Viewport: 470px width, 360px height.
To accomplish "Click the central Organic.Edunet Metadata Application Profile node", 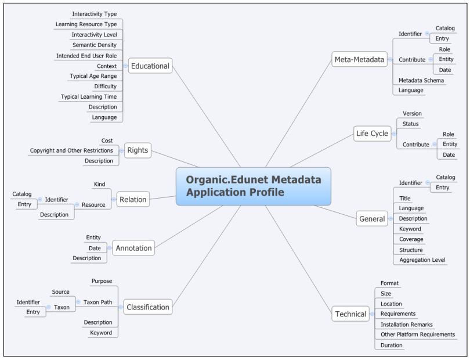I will (x=254, y=186).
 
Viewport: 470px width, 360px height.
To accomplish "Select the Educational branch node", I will (x=150, y=66).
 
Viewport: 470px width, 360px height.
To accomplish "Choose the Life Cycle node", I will (x=372, y=134).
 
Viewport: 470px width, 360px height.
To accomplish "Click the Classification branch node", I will (x=148, y=307).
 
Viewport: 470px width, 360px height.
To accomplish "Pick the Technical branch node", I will (x=350, y=314).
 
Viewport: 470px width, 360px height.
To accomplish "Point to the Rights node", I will (x=137, y=150).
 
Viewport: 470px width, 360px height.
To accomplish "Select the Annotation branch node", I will (x=133, y=248).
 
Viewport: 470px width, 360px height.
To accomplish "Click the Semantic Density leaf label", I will (x=94, y=45).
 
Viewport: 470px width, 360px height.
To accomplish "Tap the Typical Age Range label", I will (x=93, y=76).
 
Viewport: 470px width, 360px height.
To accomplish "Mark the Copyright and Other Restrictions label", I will (x=71, y=150).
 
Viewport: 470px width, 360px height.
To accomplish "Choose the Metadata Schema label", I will (x=421, y=80).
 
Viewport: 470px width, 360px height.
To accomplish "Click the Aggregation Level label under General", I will (x=422, y=260).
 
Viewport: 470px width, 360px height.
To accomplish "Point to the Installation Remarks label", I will (x=406, y=324).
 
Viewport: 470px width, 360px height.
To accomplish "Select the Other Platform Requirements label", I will (x=417, y=334).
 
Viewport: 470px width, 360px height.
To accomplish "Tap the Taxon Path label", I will (x=97, y=302).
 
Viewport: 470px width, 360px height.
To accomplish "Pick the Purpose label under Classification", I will (x=102, y=281).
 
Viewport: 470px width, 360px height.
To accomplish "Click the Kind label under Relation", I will (x=99, y=184).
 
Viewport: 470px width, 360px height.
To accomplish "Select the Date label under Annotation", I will (x=95, y=248).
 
